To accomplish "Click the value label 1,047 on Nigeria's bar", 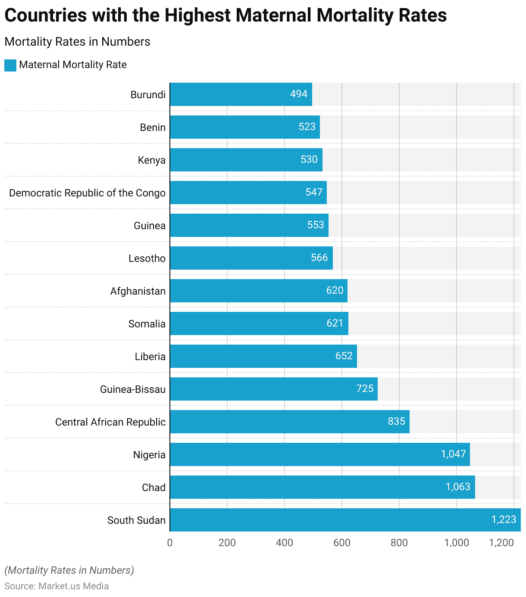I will tap(453, 454).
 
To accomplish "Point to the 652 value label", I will tap(344, 356).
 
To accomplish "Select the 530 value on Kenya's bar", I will tap(309, 159).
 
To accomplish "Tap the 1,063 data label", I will tap(458, 487).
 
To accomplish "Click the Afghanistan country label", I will tap(138, 291).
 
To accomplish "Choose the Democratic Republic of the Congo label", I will tap(87, 193).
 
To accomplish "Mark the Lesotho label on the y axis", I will tap(147, 258).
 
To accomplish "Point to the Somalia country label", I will tap(147, 324).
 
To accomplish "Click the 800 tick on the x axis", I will tap(399, 543).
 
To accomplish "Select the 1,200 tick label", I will tap(501, 543).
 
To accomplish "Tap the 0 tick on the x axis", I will tap(170, 543).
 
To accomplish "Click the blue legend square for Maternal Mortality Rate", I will tap(10, 65).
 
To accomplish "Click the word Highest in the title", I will tap(197, 16).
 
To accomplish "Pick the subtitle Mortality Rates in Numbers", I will tap(77, 42).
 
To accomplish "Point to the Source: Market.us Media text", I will tap(56, 586).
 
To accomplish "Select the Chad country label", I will tap(153, 488).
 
